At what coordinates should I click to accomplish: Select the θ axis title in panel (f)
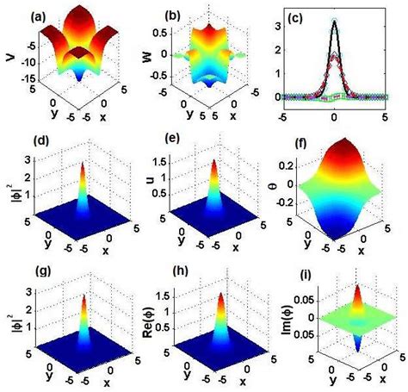(x=279, y=184)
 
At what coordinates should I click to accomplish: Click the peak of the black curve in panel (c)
(x=334, y=22)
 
